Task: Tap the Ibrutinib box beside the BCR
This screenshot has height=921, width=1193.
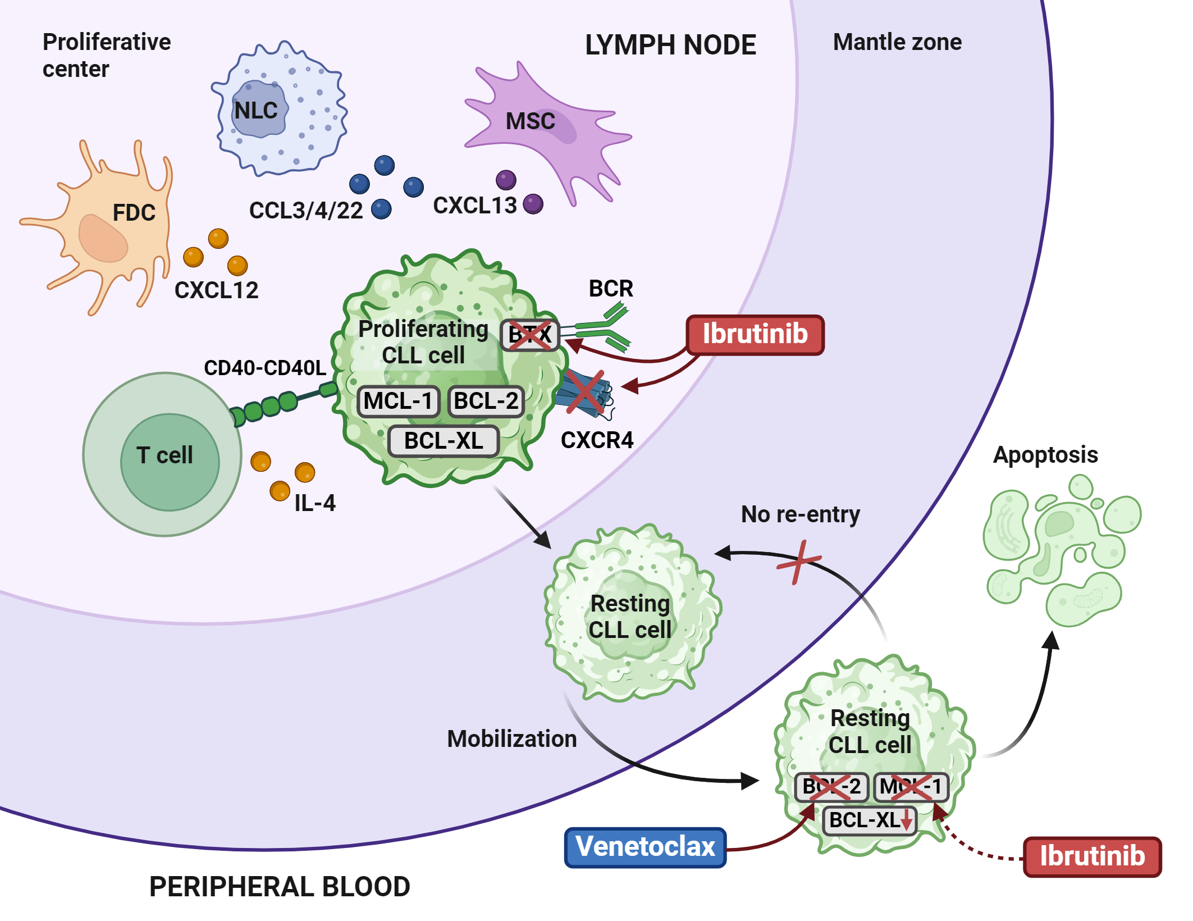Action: click(755, 335)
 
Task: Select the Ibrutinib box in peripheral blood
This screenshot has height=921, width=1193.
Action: click(1092, 856)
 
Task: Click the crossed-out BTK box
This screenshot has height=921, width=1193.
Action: click(529, 335)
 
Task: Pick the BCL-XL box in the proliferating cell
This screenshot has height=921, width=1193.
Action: click(444, 441)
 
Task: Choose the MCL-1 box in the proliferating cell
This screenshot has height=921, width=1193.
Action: click(398, 401)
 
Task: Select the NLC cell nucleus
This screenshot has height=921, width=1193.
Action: click(258, 110)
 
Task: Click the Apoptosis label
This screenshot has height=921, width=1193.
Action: click(1045, 455)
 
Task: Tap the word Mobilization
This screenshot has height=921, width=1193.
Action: click(511, 739)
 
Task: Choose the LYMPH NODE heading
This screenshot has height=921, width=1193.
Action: click(670, 45)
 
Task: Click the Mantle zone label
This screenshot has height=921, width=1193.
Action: click(897, 42)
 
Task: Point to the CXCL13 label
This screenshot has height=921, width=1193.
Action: click(474, 206)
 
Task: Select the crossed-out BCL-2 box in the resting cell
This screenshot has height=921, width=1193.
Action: click(831, 787)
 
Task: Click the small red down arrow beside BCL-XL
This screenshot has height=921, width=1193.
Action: click(906, 822)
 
